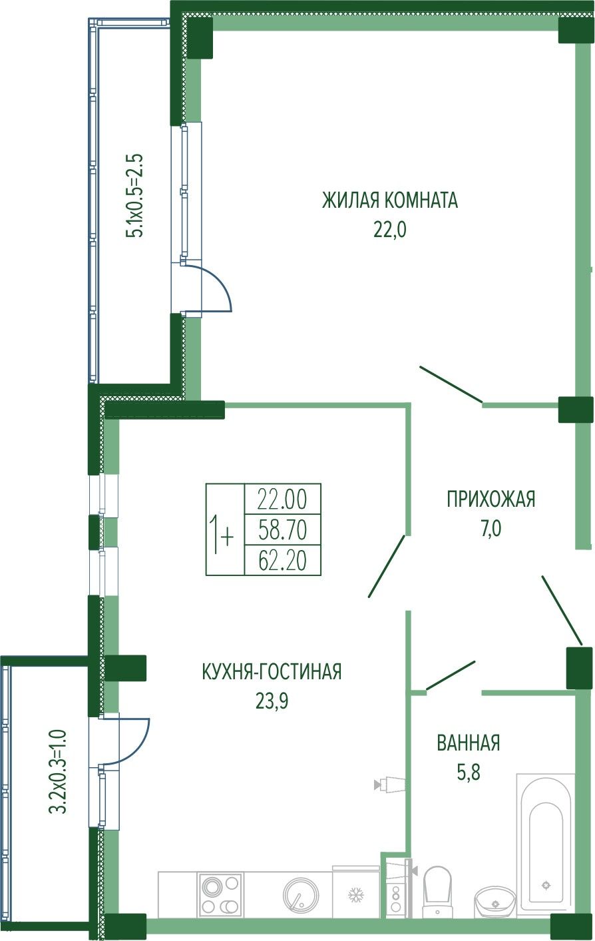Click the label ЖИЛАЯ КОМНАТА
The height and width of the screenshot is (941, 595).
389,200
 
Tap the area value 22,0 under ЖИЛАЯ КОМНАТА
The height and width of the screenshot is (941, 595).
390,230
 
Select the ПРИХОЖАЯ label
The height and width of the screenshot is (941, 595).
491,499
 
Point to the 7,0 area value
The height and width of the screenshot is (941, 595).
491,529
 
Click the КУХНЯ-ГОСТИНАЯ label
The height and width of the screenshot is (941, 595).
272,672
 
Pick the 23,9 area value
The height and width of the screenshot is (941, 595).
272,701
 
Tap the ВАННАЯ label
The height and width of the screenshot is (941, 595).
469,743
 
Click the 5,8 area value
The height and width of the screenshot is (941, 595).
469,772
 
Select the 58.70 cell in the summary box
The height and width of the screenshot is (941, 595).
283,529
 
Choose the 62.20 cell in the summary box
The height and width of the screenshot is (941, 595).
283,561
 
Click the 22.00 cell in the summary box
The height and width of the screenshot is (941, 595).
283,500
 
